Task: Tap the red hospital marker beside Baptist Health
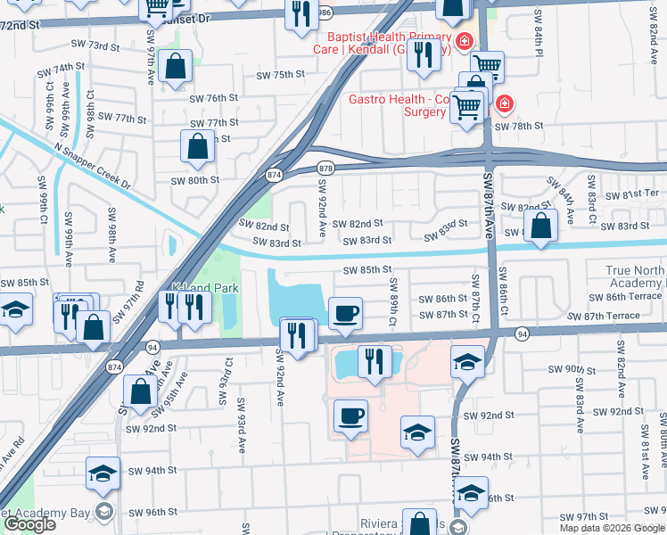click(464, 41)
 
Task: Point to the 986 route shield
click(325, 12)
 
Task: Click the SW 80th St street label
click(195, 180)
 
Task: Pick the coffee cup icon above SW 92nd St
click(350, 416)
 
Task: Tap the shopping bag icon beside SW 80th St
click(197, 145)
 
